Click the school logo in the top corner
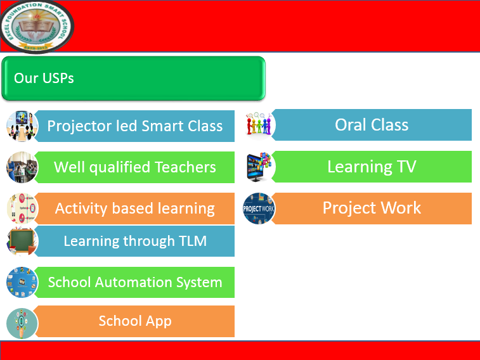[37, 27]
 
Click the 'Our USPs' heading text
[44, 79]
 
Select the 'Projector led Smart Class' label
[134, 125]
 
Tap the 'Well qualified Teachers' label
[134, 167]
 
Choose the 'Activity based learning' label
[134, 209]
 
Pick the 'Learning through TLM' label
[134, 241]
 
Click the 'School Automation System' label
[134, 283]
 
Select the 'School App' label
[134, 321]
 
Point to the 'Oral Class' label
[372, 125]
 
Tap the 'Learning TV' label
[372, 167]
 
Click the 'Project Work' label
[372, 208]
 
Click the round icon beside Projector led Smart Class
[22, 125]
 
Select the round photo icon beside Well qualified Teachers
[22, 167]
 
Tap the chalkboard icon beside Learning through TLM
[22, 241]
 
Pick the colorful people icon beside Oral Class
[259, 125]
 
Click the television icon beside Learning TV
[259, 167]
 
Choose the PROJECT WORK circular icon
[259, 209]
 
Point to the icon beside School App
[22, 322]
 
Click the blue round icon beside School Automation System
[22, 283]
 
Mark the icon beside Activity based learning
[22, 208]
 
